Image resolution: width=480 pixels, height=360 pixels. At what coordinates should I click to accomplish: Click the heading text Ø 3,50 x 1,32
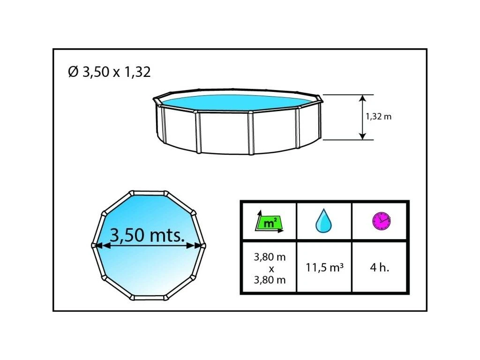(x=109, y=72)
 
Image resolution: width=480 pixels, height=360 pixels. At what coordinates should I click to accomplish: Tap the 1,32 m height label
(x=379, y=117)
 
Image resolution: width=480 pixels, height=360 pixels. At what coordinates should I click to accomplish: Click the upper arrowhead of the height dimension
(x=362, y=98)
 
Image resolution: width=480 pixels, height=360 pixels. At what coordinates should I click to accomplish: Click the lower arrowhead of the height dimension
(x=362, y=136)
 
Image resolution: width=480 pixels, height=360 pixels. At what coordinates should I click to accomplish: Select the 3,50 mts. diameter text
(x=147, y=235)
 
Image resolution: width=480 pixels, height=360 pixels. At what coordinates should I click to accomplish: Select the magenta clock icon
(x=382, y=221)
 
